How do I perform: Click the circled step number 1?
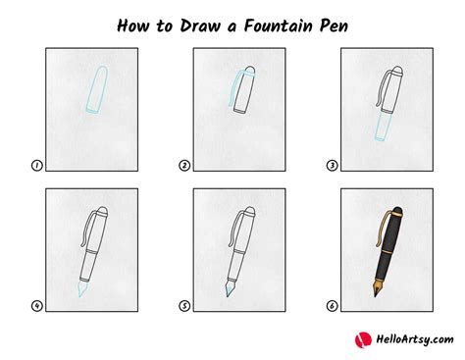click(37, 167)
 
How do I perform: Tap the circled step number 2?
click(184, 167)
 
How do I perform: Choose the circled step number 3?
click(332, 167)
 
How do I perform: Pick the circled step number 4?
click(37, 305)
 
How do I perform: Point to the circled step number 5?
click(184, 305)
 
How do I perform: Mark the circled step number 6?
click(332, 305)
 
